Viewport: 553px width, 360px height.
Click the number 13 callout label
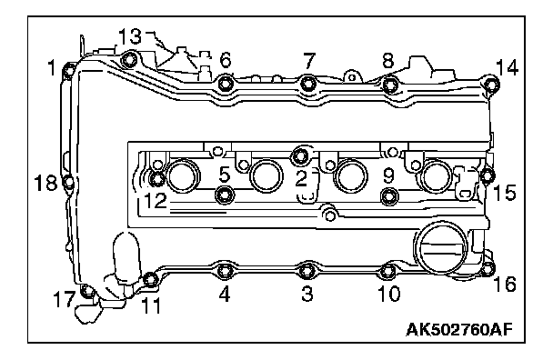tap(130, 36)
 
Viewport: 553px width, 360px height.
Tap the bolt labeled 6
tap(226, 84)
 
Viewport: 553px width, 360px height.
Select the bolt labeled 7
tap(308, 84)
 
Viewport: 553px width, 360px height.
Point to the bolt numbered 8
tap(390, 85)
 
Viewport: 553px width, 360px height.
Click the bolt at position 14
tap(491, 85)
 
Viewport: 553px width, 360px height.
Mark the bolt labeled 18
tap(69, 182)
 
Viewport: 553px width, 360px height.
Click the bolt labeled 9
tap(389, 196)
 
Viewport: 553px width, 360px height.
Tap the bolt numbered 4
tap(225, 271)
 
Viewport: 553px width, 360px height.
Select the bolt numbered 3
tap(307, 270)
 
